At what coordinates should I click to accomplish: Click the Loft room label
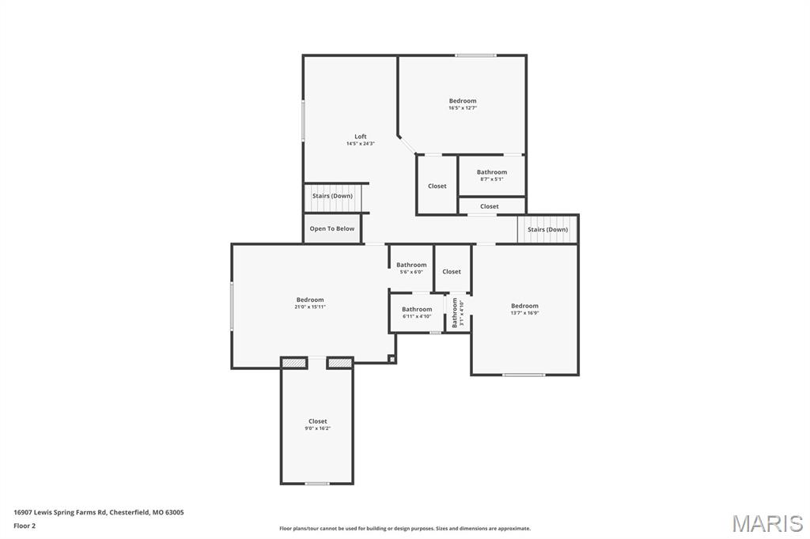tap(360, 137)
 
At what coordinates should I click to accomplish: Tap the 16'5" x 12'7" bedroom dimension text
tap(463, 107)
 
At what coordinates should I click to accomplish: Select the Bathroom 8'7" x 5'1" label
tap(491, 172)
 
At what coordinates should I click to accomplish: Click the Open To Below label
tap(332, 229)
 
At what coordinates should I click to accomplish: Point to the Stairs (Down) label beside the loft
tap(332, 196)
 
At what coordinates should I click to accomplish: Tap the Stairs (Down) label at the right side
tap(547, 230)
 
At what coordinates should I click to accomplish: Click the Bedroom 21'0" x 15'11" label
tap(310, 300)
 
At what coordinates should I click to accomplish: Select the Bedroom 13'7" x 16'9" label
tap(524, 307)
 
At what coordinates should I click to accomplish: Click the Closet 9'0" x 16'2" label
tap(317, 422)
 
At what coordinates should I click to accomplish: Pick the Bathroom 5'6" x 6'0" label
tap(411, 266)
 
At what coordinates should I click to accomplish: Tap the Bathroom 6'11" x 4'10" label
tap(417, 310)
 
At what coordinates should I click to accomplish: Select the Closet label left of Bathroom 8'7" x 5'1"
tap(437, 187)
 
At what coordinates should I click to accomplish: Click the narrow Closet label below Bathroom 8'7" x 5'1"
tap(490, 206)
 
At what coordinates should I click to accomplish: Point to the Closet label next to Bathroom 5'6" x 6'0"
tap(452, 272)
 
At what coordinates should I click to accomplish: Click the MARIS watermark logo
tap(766, 523)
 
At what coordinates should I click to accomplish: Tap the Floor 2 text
tap(25, 525)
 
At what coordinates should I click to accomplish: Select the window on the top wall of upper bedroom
tap(475, 55)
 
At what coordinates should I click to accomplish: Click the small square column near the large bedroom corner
tap(392, 359)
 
